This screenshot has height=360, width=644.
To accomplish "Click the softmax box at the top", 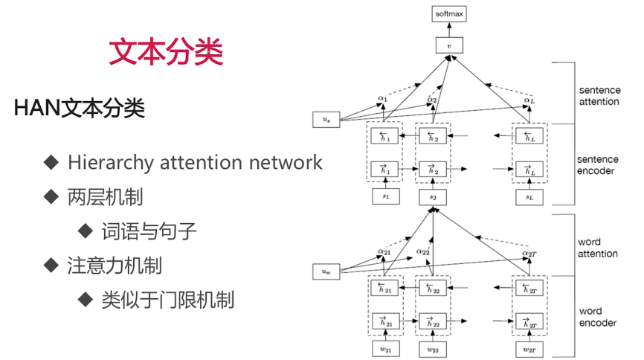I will (448, 13).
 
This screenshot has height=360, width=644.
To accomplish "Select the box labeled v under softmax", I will (448, 45).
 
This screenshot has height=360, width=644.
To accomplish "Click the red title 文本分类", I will (166, 51).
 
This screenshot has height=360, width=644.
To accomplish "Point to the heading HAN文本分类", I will (79, 109).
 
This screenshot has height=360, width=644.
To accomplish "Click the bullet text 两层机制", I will (105, 197).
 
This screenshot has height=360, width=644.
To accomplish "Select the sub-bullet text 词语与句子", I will (149, 231).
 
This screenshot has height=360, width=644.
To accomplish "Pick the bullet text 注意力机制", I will (115, 265).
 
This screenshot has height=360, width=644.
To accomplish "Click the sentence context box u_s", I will (326, 119).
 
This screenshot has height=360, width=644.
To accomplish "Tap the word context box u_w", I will (326, 271).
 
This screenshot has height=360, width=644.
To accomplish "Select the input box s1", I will (385, 197).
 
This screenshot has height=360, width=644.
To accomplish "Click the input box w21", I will (385, 350).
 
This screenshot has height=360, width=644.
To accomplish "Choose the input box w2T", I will (529, 350).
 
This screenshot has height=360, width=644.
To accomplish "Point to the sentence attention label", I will (599, 96).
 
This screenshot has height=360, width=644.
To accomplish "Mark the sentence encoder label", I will (598, 165).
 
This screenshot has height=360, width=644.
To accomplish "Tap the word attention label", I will (598, 248).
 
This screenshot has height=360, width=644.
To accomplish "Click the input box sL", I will (529, 197).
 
